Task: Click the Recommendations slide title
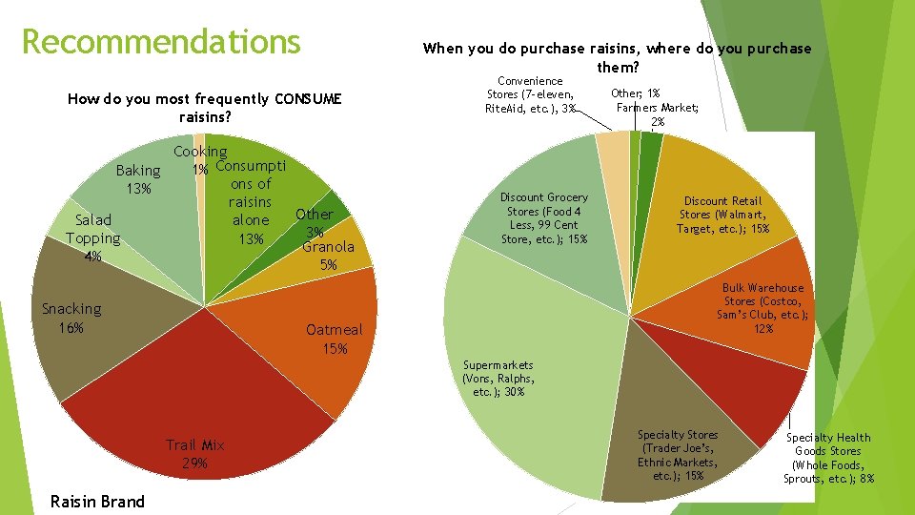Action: [x=160, y=42]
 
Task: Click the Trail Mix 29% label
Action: [x=195, y=454]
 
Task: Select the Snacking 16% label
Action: [x=71, y=318]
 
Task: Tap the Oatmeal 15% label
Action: [x=334, y=339]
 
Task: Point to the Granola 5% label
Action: [x=328, y=256]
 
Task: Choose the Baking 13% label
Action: [x=138, y=179]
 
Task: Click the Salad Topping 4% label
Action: [x=92, y=237]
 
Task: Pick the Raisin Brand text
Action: [x=97, y=502]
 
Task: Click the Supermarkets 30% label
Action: [x=498, y=378]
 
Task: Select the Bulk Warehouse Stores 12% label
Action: [x=763, y=308]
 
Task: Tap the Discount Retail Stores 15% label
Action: [x=722, y=215]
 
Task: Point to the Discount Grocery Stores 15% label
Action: [x=544, y=218]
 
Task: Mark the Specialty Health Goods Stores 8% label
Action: [x=828, y=458]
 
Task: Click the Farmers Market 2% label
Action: [x=658, y=114]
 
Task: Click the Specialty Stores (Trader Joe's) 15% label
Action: [x=678, y=455]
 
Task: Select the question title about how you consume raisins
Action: [x=205, y=108]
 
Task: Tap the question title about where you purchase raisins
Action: [x=617, y=57]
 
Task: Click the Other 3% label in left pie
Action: [x=314, y=223]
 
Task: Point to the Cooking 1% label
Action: [x=199, y=159]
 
